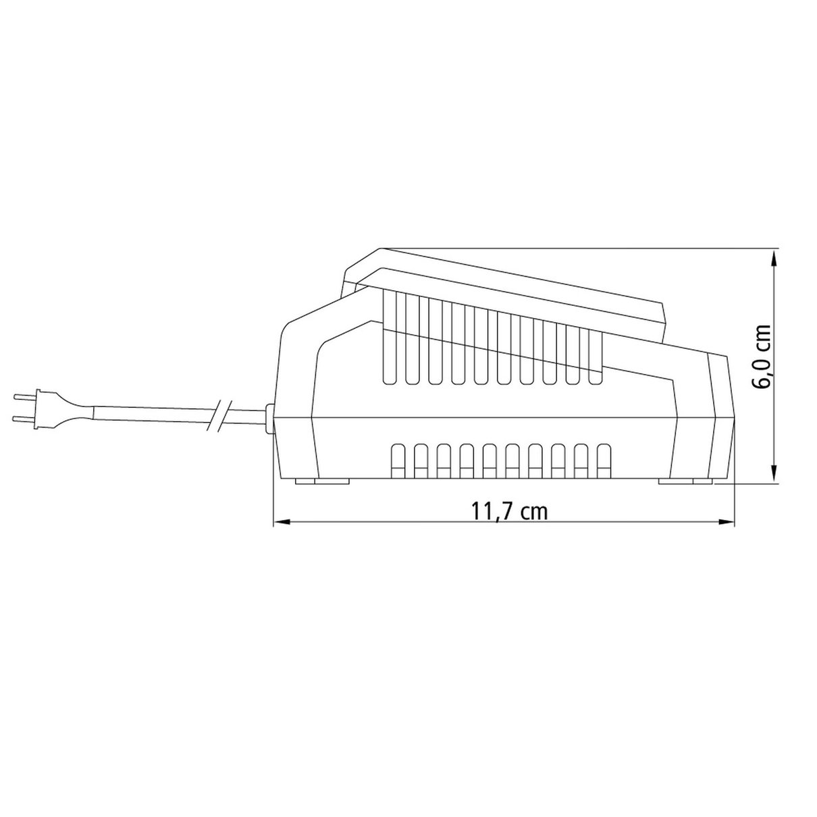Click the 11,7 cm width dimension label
(x=510, y=512)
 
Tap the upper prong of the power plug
(x=26, y=397)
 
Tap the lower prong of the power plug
(x=26, y=419)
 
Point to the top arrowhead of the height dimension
(x=774, y=258)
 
